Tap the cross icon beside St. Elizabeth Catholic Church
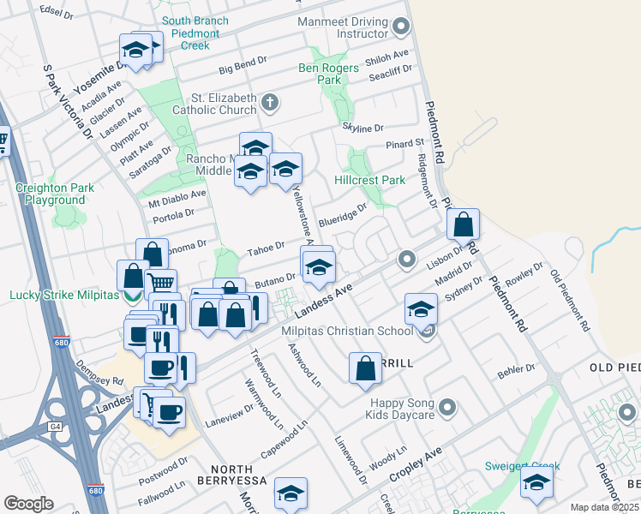[270, 104]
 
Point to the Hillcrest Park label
[369, 181]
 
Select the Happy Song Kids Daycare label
[403, 409]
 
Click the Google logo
[28, 504]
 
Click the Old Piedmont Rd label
[571, 301]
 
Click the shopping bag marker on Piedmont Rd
[463, 226]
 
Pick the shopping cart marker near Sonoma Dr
[160, 282]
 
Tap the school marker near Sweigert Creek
[537, 483]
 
